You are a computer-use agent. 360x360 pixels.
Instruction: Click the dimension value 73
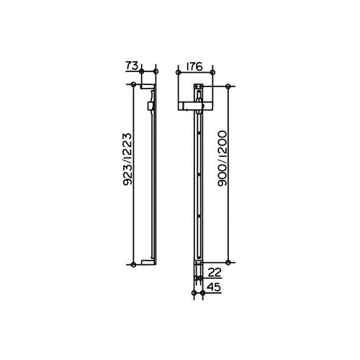coord(132,66)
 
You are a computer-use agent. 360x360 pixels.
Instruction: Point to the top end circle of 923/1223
coord(135,85)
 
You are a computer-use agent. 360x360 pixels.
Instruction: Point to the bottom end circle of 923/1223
coord(135,266)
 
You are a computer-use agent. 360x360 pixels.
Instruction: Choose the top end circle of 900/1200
coord(229,86)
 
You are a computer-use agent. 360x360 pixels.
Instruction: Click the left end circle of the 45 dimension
coord(193,292)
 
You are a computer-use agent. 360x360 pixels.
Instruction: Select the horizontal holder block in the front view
coord(196,106)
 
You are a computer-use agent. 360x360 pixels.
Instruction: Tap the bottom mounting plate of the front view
coord(199,271)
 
